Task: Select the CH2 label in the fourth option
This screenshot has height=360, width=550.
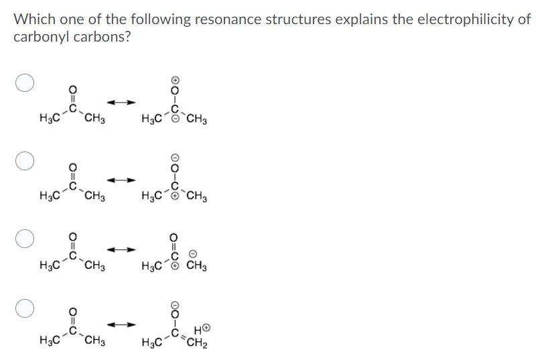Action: [x=197, y=344]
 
